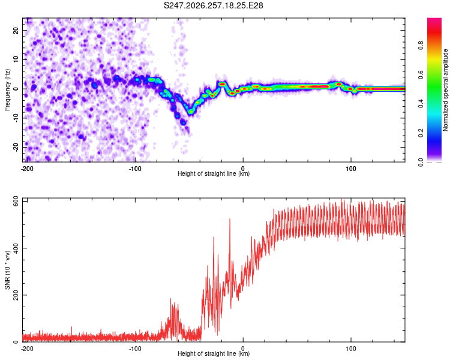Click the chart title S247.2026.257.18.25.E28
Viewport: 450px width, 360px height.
tap(213, 5)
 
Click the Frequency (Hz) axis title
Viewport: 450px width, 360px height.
tap(7, 90)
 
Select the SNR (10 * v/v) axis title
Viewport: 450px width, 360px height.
tap(7, 270)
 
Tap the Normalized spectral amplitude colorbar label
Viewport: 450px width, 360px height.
tap(445, 90)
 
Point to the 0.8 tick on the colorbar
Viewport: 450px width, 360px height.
tap(421, 46)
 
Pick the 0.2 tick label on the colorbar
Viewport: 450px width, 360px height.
tap(421, 133)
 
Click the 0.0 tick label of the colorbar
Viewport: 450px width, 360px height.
tap(421, 162)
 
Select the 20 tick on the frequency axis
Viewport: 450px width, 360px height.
tap(16, 31)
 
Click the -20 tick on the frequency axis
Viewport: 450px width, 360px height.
tap(16, 147)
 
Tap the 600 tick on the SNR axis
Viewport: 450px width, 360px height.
tap(16, 202)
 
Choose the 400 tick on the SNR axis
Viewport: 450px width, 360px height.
tap(16, 248)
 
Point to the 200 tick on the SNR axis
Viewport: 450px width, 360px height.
tap(16, 295)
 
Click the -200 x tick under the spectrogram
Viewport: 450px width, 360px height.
tap(27, 169)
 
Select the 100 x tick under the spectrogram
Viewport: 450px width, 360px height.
tap(351, 169)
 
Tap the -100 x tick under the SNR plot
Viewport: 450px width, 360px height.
tap(135, 349)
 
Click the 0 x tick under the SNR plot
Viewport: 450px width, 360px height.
tap(243, 349)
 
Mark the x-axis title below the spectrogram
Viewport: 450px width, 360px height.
tap(214, 173)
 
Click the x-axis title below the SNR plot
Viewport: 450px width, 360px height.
tap(214, 353)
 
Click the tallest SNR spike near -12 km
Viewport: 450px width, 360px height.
tap(230, 220)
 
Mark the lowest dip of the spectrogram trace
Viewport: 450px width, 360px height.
tap(191, 112)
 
